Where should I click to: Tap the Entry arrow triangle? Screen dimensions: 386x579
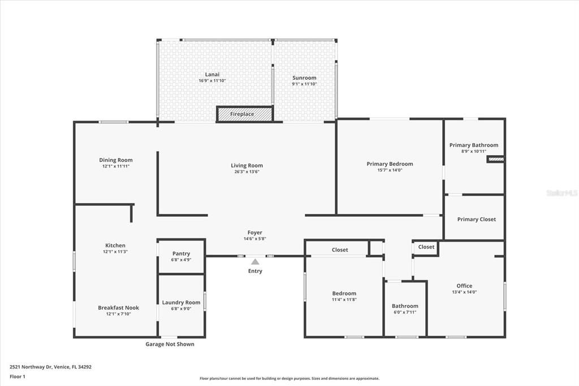tap(255, 261)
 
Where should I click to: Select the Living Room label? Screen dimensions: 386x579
tap(247, 166)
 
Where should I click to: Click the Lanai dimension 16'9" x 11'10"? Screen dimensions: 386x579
tap(212, 81)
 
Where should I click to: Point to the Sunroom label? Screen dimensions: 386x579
tap(304, 78)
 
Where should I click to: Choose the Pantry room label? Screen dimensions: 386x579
tap(181, 254)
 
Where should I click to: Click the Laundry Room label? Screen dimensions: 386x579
tap(181, 302)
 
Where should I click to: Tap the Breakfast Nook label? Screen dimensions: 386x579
tap(118, 308)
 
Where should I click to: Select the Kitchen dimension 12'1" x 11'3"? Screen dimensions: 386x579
tap(115, 251)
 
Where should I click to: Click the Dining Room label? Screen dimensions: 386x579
tap(115, 160)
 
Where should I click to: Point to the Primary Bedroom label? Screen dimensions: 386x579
tap(390, 164)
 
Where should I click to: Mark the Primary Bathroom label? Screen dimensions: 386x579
tap(474, 145)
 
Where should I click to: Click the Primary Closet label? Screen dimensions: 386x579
tap(476, 219)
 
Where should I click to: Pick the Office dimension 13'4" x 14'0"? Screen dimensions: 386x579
tap(464, 292)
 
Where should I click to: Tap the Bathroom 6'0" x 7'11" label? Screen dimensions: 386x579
tap(405, 306)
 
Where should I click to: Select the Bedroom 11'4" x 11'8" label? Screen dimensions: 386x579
tap(344, 293)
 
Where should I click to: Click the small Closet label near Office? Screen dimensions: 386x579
tap(426, 247)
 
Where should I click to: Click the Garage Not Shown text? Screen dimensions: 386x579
tap(170, 344)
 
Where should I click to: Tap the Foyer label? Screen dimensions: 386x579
tap(254, 233)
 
